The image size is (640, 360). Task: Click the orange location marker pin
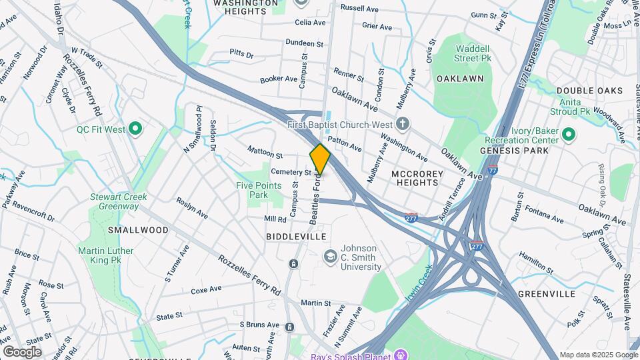[x=320, y=159]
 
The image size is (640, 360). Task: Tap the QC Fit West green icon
[x=136, y=129]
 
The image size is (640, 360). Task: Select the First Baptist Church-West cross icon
[x=402, y=124]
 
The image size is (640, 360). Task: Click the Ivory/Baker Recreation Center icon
[x=568, y=135]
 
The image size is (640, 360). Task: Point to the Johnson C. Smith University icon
[x=330, y=257]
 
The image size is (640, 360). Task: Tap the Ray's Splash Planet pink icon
[x=401, y=353]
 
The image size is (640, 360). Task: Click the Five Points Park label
[x=252, y=191]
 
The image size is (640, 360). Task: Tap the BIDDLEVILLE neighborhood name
[x=295, y=237]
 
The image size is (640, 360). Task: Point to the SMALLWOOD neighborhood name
[x=138, y=230]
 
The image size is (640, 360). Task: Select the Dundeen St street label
[x=304, y=43]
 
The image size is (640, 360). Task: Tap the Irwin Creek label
[x=419, y=283]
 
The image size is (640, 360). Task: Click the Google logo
[x=22, y=352]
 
